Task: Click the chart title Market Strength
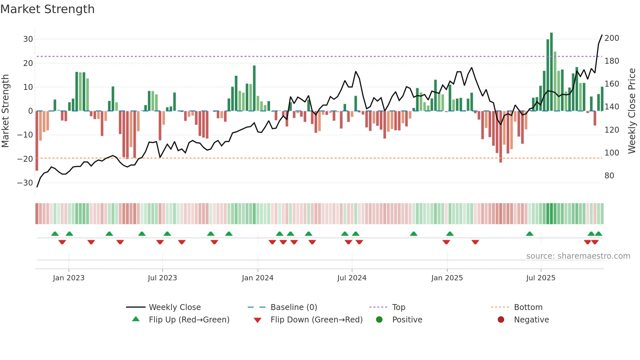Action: tap(47, 9)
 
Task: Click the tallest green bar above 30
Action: tap(552, 72)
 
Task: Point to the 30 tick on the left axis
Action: tap(28, 39)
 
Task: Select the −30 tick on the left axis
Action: tap(25, 183)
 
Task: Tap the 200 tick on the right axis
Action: tap(612, 38)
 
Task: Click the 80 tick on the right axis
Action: tap(609, 176)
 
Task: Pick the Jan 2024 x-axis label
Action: tap(258, 278)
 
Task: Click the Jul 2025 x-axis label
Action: tap(541, 278)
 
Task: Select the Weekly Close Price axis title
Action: tap(632, 111)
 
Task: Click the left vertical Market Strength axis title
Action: tap(5, 111)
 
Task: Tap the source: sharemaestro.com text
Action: tap(578, 256)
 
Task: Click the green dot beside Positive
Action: tap(379, 320)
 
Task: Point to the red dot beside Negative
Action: tap(501, 320)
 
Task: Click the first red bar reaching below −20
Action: tap(37, 140)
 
